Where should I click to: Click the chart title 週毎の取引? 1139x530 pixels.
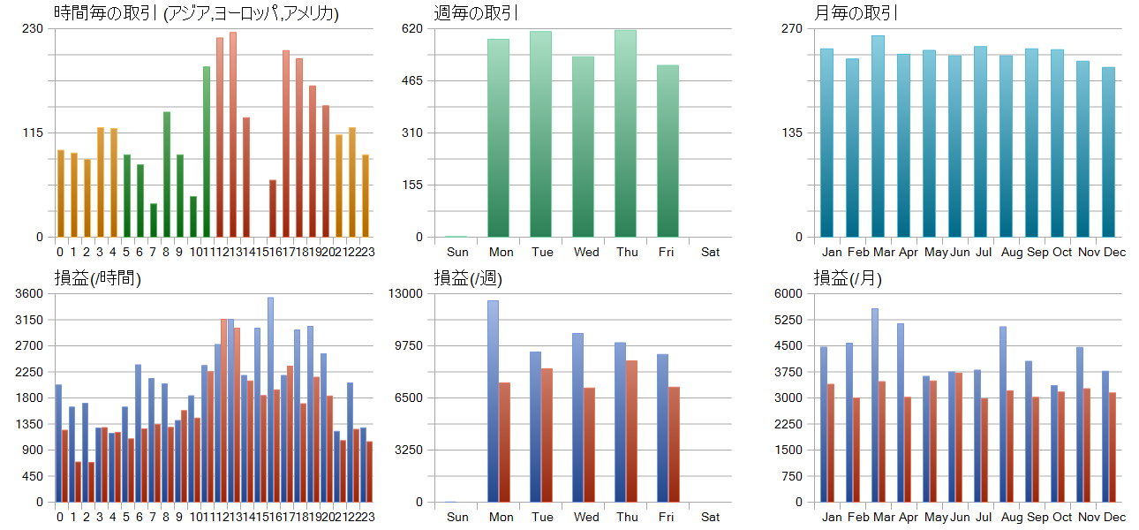477,13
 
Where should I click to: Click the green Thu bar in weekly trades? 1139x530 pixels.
626,133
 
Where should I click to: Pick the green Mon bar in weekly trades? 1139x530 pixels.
498,138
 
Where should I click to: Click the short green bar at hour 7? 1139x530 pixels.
154,220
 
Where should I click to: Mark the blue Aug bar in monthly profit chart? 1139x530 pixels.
1003,414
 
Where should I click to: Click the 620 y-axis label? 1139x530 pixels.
413,28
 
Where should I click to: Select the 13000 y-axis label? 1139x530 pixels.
407,293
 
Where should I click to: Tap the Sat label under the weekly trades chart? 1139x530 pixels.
711,252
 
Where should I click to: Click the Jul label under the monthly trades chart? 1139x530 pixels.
980,252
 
